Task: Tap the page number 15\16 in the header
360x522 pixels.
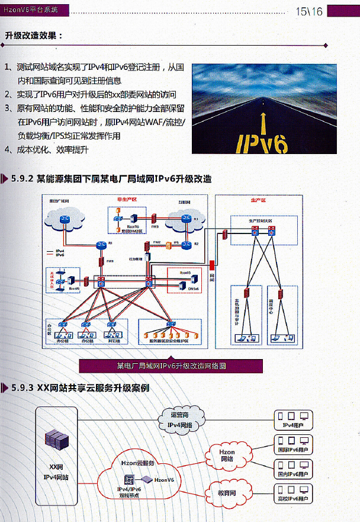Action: tap(309, 11)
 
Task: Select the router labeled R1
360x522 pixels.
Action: tap(101, 245)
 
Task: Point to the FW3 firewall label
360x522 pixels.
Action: tap(155, 226)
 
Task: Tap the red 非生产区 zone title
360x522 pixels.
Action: tap(127, 200)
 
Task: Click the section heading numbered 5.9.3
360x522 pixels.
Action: tap(80, 388)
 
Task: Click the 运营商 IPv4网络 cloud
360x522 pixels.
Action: tap(180, 419)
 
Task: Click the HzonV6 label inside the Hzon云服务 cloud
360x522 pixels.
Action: tap(163, 479)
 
